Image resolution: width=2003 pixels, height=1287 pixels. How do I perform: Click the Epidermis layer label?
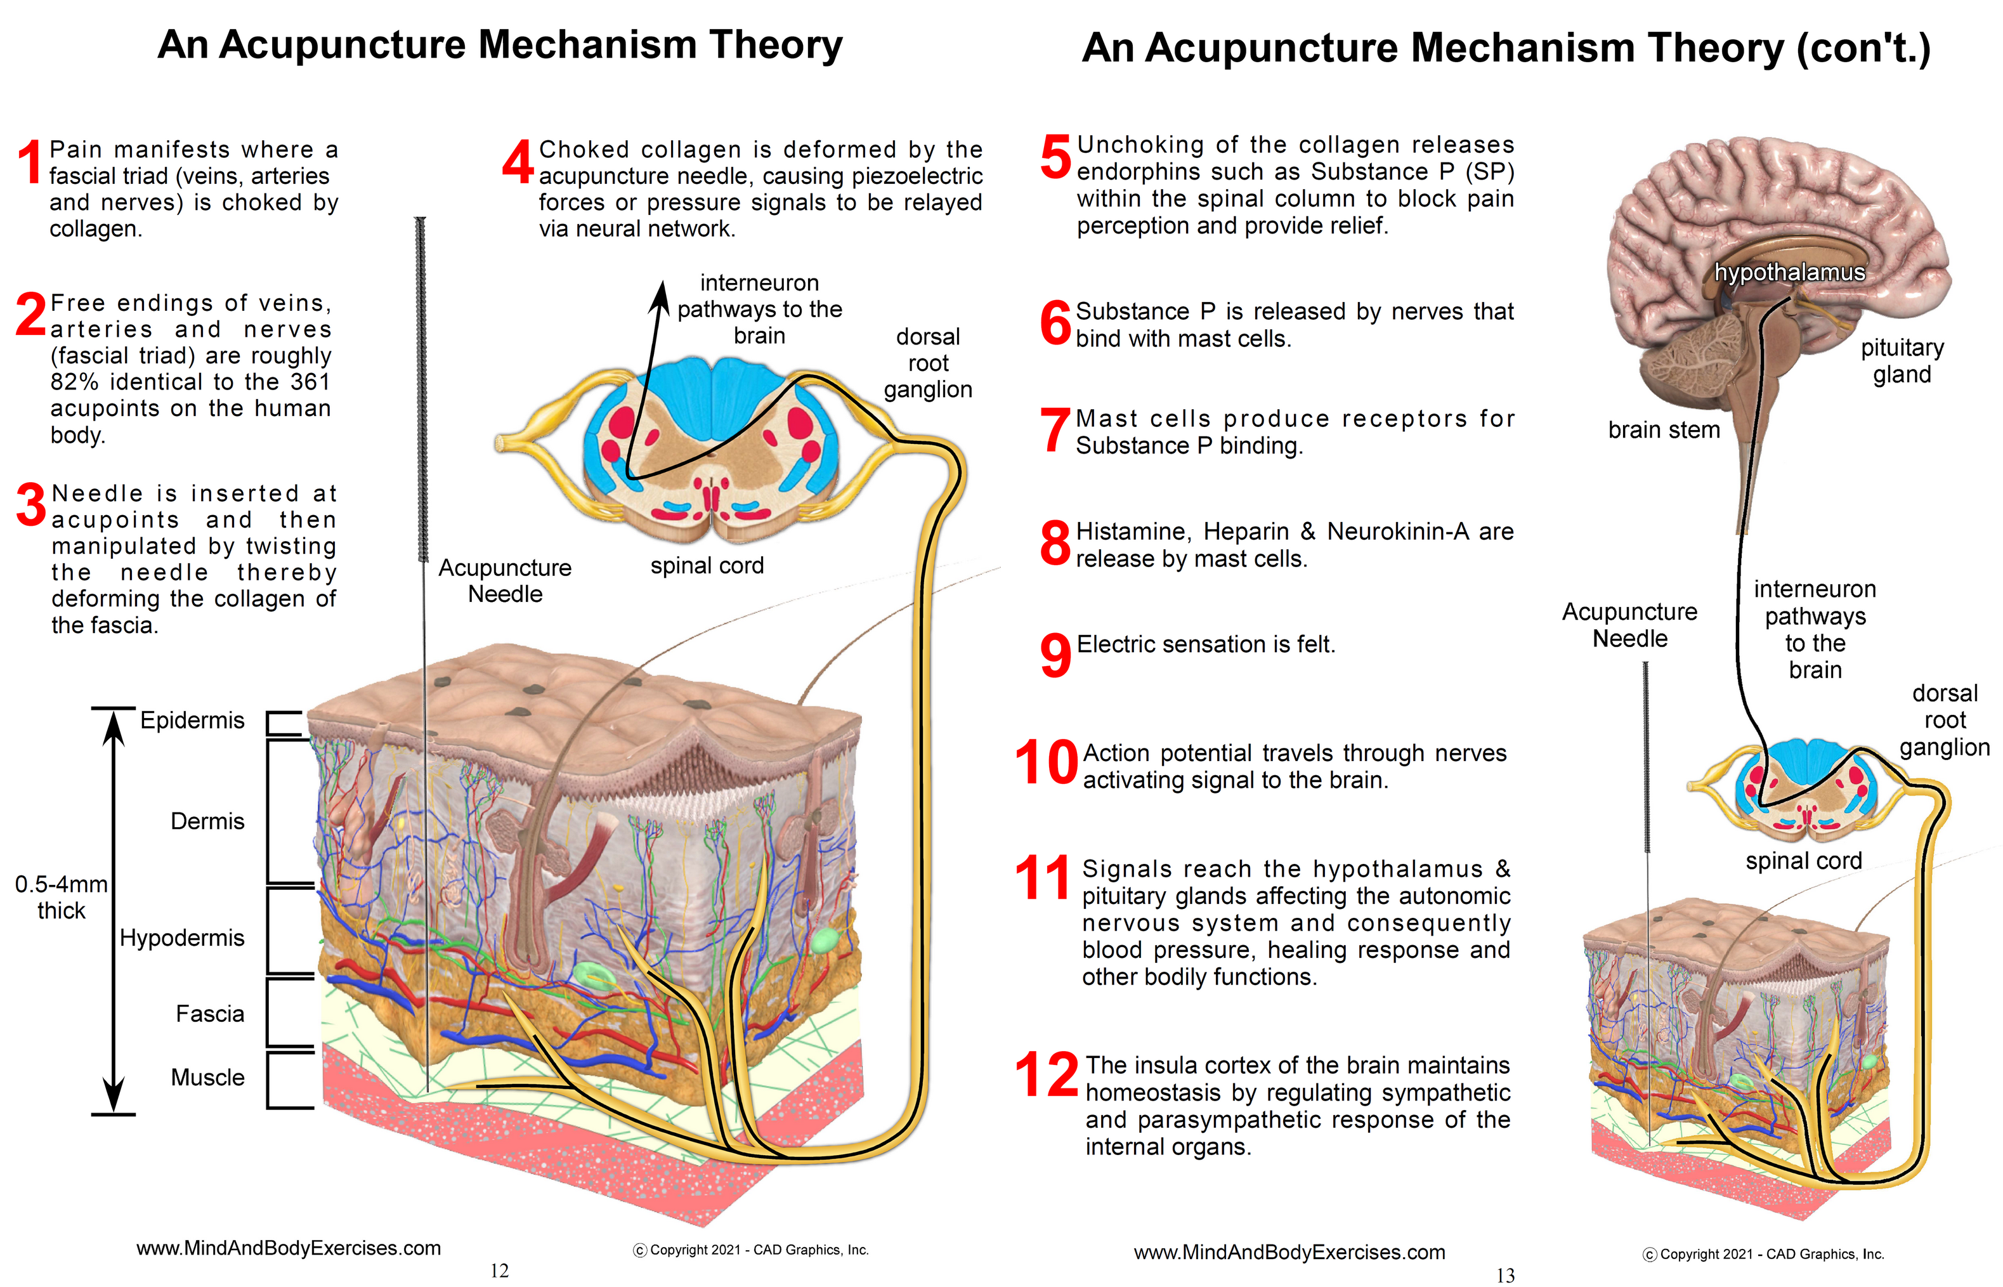(192, 721)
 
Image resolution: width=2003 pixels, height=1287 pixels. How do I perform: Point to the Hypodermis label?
(181, 937)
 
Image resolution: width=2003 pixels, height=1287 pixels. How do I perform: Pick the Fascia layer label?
(210, 1014)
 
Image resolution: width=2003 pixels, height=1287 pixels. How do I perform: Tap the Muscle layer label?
(207, 1077)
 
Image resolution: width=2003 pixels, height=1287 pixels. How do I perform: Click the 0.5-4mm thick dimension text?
(61, 897)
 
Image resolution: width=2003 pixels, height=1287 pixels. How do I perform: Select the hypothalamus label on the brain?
(1789, 273)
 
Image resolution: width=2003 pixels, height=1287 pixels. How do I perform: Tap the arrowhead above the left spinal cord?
(661, 294)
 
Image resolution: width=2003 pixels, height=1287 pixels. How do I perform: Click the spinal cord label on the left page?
(707, 566)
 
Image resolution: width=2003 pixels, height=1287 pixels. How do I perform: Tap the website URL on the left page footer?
(289, 1248)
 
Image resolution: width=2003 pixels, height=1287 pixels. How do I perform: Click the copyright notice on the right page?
(1763, 1253)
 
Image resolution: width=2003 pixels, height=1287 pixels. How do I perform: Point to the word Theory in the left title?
(776, 45)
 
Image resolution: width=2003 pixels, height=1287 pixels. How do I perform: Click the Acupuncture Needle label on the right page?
(1629, 625)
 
